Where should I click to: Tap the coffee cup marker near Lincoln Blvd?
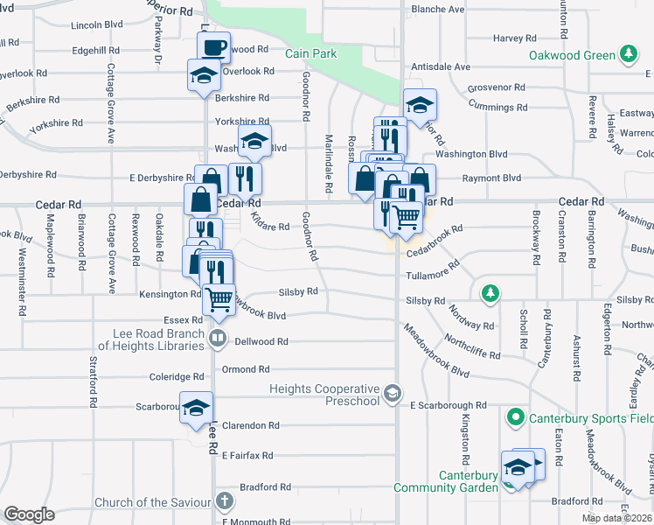coord(213,46)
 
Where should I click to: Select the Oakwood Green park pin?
coord(628,55)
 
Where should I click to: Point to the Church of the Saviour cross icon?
coord(225,502)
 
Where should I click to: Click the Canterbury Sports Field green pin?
coord(516,418)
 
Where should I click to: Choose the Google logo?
coord(29,514)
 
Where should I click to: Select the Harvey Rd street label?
coord(514,38)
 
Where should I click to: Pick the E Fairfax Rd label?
coord(247,456)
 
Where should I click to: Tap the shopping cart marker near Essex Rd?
coord(219,298)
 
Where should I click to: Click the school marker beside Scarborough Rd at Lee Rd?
coord(197,407)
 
